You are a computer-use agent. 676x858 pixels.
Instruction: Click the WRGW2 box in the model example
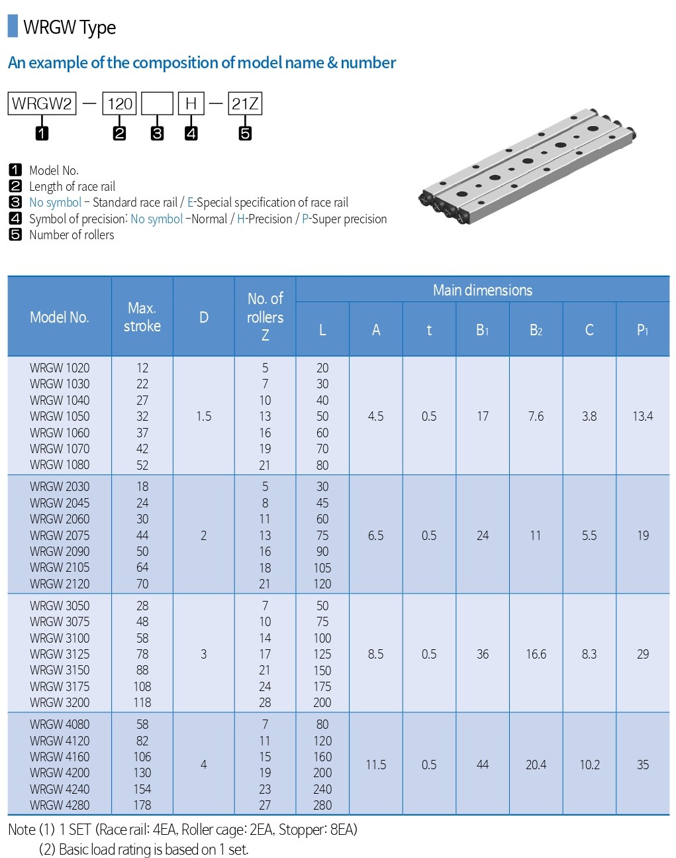tap(42, 104)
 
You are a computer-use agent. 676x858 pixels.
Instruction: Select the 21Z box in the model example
tap(244, 104)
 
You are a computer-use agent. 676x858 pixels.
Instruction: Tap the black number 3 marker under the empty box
tap(157, 133)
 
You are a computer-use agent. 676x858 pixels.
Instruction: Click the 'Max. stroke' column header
tap(142, 317)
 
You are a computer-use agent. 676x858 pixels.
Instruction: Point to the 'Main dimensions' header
tap(482, 290)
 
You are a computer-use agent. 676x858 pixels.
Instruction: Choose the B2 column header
tap(536, 330)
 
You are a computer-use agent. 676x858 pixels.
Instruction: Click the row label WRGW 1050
tap(60, 416)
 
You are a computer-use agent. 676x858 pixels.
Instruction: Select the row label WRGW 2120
tap(60, 584)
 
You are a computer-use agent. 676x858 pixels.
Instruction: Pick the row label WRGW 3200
tap(60, 702)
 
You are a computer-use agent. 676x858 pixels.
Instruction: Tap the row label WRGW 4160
tap(60, 757)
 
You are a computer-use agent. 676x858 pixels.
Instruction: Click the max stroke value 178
tap(142, 805)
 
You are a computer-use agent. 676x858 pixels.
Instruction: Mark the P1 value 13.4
tap(642, 416)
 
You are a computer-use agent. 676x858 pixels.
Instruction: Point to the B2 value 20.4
tap(536, 765)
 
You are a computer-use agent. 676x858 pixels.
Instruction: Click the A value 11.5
tap(375, 765)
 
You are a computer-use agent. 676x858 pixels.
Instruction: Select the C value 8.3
tap(589, 654)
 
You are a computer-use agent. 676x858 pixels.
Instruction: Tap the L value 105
tap(322, 568)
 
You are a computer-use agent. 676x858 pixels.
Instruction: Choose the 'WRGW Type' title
tap(70, 27)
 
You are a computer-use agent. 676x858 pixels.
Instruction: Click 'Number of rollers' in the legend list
tap(72, 235)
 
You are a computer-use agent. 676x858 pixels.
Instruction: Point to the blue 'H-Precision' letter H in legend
tap(240, 219)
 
